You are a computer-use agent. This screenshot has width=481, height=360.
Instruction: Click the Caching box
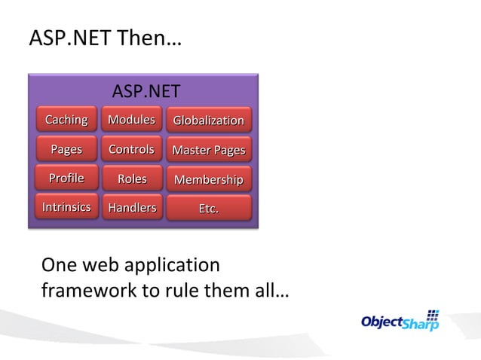(66, 120)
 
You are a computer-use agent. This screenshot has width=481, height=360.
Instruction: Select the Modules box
(131, 120)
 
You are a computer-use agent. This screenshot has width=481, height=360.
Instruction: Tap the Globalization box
(209, 121)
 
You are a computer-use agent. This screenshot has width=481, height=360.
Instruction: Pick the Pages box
(66, 149)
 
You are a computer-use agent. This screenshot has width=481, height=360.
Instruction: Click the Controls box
(131, 149)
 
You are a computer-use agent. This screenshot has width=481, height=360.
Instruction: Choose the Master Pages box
(209, 150)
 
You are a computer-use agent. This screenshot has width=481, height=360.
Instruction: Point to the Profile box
(66, 178)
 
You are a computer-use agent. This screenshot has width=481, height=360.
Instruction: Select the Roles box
(131, 179)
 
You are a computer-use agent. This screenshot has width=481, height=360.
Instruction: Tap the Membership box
(209, 179)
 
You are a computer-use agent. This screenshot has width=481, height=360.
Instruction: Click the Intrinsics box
(66, 207)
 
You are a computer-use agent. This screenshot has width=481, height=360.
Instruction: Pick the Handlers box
(131, 208)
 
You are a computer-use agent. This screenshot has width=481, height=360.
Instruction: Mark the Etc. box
(209, 208)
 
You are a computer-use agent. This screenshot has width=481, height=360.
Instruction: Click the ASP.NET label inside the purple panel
(146, 92)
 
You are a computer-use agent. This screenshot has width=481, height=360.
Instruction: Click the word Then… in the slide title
(149, 38)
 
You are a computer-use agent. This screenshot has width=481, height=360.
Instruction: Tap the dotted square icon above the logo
(434, 314)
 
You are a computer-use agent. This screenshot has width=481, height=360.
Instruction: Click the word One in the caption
(59, 265)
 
